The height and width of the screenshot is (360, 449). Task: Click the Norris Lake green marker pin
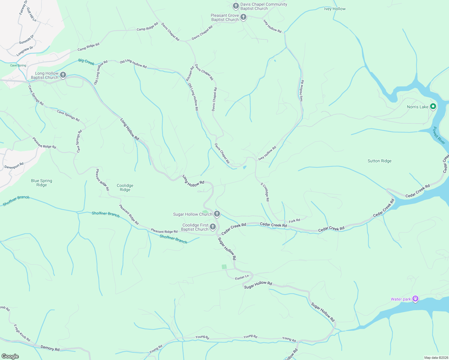pyautogui.click(x=433, y=106)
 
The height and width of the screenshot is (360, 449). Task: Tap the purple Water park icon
pyautogui.click(x=415, y=299)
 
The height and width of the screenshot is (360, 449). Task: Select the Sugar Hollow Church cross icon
pyautogui.click(x=217, y=214)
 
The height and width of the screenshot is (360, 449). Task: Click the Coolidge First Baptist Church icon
pyautogui.click(x=213, y=227)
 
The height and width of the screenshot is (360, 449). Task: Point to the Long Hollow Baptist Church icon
pyautogui.click(x=63, y=75)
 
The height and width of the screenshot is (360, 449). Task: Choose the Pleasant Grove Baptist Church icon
pyautogui.click(x=243, y=17)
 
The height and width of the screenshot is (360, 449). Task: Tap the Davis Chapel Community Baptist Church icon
pyautogui.click(x=236, y=6)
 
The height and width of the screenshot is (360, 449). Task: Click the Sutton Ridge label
pyautogui.click(x=379, y=161)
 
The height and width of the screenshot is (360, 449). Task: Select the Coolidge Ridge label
pyautogui.click(x=125, y=187)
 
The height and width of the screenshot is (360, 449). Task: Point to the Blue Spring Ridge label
pyautogui.click(x=41, y=183)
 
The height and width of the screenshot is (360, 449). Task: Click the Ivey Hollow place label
pyautogui.click(x=335, y=9)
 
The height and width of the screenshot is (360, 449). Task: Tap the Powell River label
pyautogui.click(x=439, y=135)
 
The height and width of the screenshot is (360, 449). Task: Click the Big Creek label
pyautogui.click(x=86, y=62)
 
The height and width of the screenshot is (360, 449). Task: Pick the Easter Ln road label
pyautogui.click(x=242, y=277)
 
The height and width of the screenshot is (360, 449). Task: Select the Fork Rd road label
pyautogui.click(x=294, y=221)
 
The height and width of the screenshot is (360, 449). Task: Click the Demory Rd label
pyautogui.click(x=50, y=348)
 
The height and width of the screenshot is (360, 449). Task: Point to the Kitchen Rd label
pyautogui.click(x=190, y=74)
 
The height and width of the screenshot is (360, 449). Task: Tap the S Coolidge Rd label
pyautogui.click(x=265, y=192)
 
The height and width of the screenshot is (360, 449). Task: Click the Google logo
pyautogui.click(x=10, y=356)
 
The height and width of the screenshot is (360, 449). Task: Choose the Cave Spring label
pyautogui.click(x=18, y=65)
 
